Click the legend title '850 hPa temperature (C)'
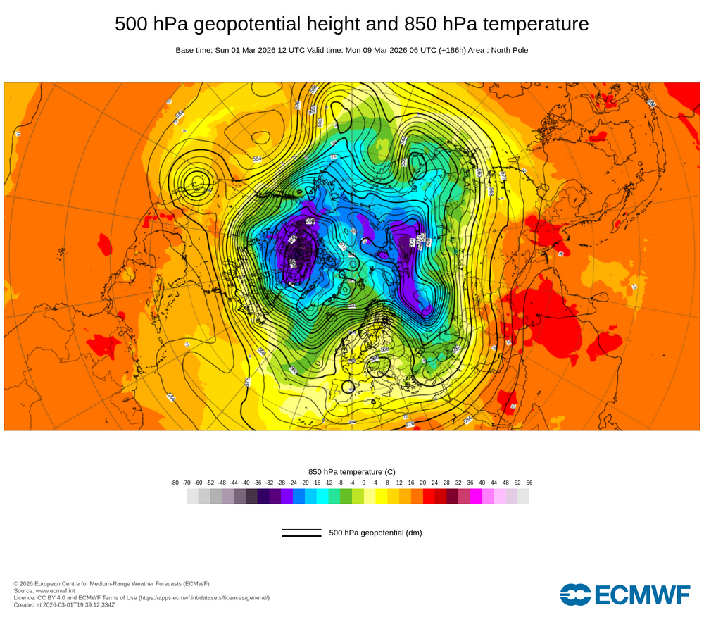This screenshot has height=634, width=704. coord(352,471)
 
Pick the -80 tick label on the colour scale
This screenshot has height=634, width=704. coord(175,483)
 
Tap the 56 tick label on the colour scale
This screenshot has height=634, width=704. coord(529,483)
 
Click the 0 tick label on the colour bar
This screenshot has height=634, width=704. coord(364,483)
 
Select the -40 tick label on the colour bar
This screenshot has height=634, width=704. coord(246,483)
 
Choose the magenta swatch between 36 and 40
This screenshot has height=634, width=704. coord(476,496)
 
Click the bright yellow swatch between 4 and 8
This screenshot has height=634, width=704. coord(382,496)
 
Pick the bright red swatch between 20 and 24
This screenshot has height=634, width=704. coord(429,496)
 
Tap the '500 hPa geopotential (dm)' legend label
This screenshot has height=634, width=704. coord(375,533)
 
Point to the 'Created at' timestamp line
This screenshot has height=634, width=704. coord(64,604)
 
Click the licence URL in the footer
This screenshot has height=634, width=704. coord(204,597)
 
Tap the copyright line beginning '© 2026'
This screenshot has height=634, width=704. coord(111,583)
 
